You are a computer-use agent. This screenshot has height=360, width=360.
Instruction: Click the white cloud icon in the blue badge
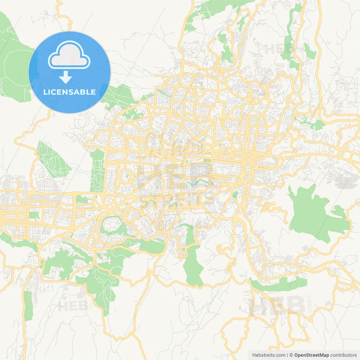tap(69, 55)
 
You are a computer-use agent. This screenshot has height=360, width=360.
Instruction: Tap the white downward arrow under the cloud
tap(66, 77)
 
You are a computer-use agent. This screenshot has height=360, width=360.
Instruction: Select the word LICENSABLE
tap(69, 92)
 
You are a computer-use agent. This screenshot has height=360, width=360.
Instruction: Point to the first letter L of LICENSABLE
tap(45, 92)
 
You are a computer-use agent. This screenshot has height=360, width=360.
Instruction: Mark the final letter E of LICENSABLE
tap(93, 92)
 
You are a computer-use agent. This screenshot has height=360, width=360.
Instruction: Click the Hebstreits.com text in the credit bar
tap(269, 355)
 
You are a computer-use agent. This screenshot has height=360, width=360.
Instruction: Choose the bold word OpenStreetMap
tap(312, 355)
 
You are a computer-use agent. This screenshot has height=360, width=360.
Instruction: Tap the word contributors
tap(343, 355)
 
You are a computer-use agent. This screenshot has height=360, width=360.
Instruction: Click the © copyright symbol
tap(291, 355)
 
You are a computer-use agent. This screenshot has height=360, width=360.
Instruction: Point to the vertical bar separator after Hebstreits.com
tap(287, 355)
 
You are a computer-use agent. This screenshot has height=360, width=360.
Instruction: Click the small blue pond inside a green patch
tap(235, 194)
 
